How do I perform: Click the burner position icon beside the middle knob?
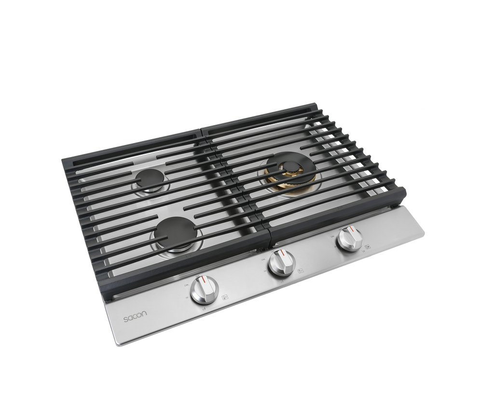coord(300,272)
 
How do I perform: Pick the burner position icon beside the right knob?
coord(368,246)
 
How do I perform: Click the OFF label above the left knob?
coord(198,276)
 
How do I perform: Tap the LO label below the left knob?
coord(205,308)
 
